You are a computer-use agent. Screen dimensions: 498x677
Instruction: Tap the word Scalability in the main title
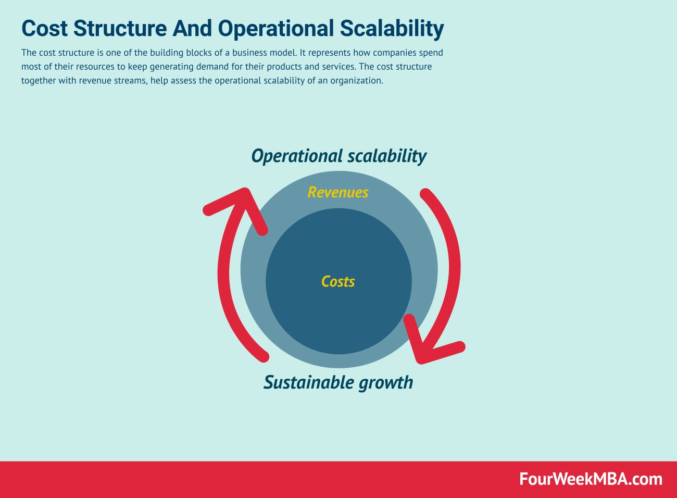point(392,29)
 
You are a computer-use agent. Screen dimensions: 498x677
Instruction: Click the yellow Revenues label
point(337,192)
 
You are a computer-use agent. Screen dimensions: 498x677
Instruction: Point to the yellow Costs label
point(338,282)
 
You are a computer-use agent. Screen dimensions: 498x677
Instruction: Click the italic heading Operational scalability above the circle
point(338,156)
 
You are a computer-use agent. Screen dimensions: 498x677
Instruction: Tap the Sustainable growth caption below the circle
point(338,382)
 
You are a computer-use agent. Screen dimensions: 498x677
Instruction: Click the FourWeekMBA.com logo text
point(591,479)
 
